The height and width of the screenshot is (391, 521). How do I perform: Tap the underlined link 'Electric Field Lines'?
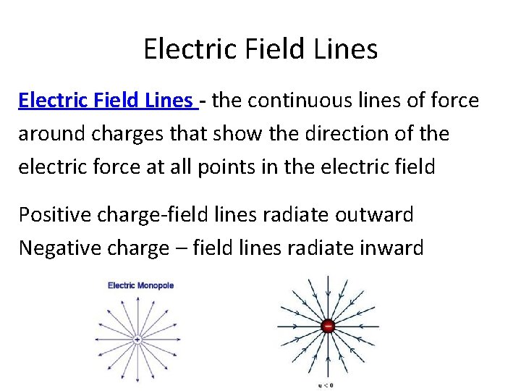pos(106,101)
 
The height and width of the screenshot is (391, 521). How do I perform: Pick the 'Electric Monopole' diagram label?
pos(141,285)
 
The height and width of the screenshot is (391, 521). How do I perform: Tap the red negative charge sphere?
pos(328,327)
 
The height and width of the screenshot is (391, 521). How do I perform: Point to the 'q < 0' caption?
pos(328,384)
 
